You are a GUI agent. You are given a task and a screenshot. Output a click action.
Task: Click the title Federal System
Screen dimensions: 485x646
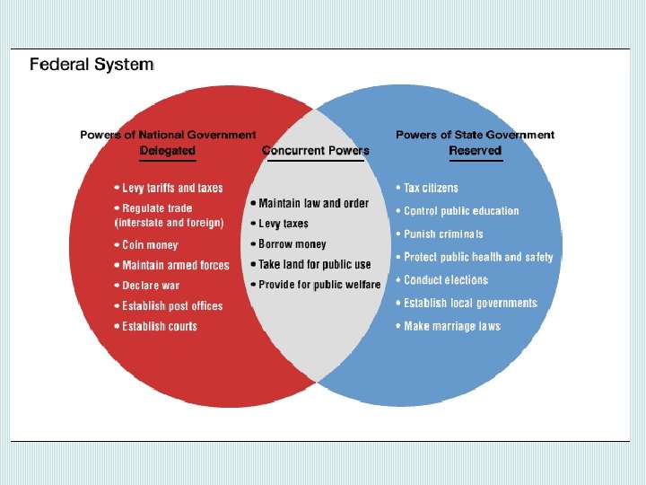click(92, 65)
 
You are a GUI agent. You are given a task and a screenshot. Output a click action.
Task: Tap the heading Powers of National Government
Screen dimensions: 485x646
click(168, 135)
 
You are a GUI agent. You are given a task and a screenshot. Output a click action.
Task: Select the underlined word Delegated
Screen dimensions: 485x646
click(168, 151)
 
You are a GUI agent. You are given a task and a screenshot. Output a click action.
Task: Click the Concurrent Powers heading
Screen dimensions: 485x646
click(316, 151)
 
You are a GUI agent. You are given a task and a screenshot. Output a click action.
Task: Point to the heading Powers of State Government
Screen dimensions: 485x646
click(476, 135)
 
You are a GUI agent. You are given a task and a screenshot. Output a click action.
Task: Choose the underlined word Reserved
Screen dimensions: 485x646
click(475, 151)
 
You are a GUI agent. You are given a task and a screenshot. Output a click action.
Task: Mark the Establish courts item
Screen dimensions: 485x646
click(159, 326)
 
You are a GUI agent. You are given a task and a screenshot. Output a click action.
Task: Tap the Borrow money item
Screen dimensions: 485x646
click(292, 244)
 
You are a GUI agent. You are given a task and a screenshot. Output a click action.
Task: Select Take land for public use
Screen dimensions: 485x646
click(314, 264)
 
